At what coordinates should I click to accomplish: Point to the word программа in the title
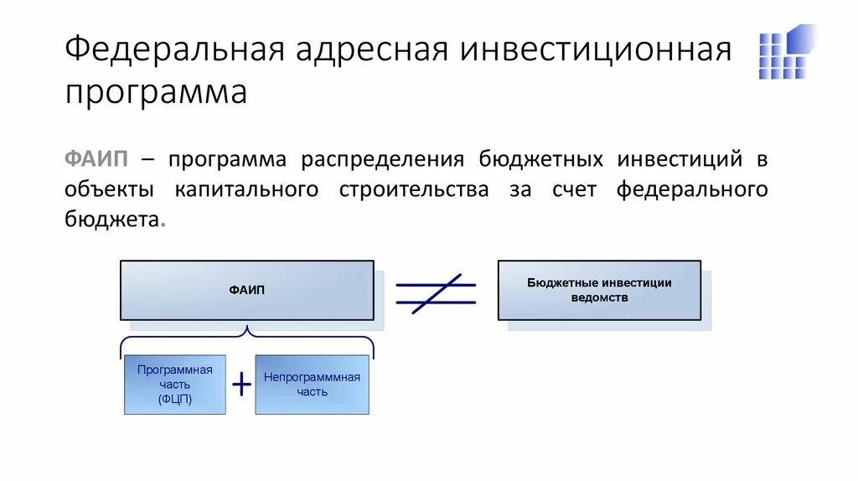pyautogui.click(x=156, y=91)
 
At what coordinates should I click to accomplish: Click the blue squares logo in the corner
pyautogui.click(x=787, y=52)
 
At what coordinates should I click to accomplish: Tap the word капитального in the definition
pyautogui.click(x=247, y=189)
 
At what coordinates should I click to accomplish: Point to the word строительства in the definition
pyautogui.click(x=414, y=189)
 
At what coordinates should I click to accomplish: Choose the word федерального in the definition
pyautogui.click(x=692, y=189)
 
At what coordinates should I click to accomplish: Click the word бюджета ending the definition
pyautogui.click(x=111, y=219)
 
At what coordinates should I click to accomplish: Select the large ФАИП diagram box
pyautogui.click(x=247, y=290)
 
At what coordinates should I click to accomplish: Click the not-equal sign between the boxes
pyautogui.click(x=436, y=292)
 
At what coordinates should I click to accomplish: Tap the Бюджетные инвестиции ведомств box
pyautogui.click(x=599, y=290)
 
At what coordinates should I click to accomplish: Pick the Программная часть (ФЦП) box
pyautogui.click(x=175, y=384)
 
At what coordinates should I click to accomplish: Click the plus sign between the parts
pyautogui.click(x=241, y=384)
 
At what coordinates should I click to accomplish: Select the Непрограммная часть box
pyautogui.click(x=312, y=384)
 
